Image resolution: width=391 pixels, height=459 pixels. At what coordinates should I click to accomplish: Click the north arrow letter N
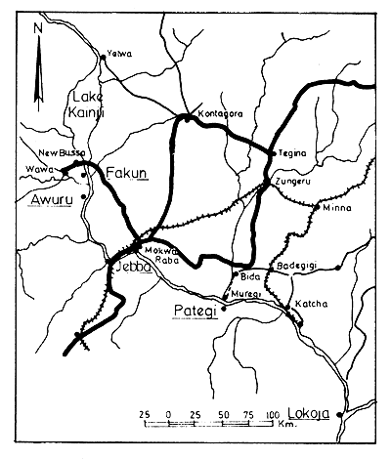[x=36, y=29]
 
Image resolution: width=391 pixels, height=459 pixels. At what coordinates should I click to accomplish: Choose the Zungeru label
[x=292, y=182]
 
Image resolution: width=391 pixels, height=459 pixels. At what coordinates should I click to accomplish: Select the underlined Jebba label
[x=130, y=267]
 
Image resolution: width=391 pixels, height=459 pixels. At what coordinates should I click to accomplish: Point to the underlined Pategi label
[x=195, y=312]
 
